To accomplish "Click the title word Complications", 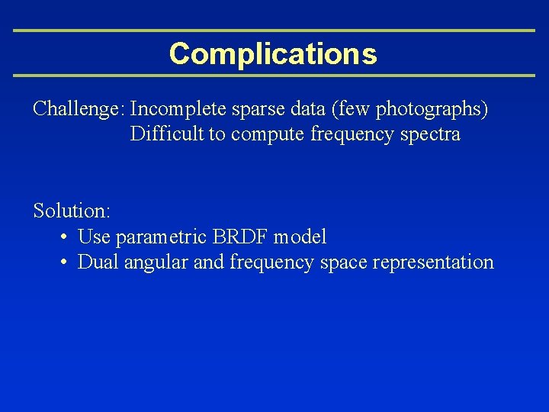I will click(273, 54).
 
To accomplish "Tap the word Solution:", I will click(72, 211).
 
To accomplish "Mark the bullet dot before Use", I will click(66, 237).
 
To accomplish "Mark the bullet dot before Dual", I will click(66, 262).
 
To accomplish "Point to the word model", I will click(300, 237).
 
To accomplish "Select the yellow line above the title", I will click(274, 31).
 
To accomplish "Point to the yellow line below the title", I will click(274, 76).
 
